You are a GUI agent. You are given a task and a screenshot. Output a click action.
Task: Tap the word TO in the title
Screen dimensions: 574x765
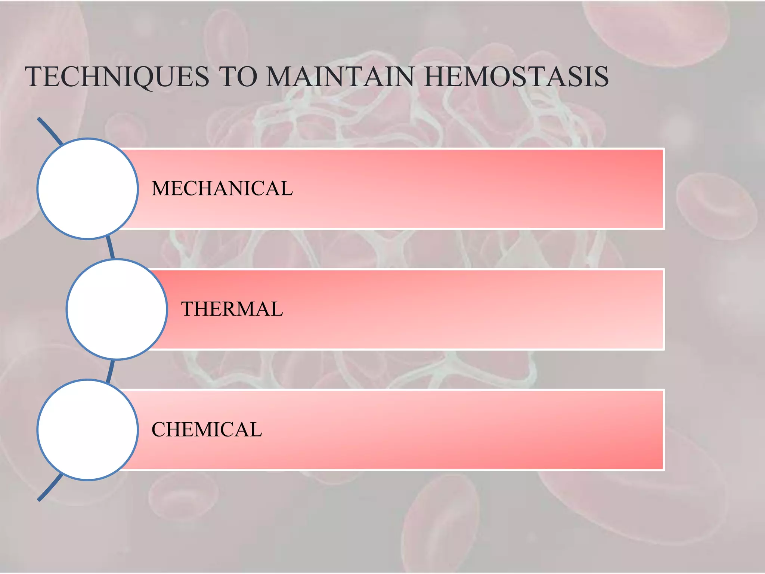point(239,77)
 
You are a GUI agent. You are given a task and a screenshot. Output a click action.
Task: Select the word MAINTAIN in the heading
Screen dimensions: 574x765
point(340,77)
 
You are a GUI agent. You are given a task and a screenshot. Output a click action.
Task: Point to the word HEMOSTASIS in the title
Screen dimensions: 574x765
point(516,77)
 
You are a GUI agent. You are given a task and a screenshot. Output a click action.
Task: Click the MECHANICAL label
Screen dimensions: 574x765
point(222,188)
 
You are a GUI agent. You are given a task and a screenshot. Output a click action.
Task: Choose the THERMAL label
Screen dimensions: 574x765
point(232,309)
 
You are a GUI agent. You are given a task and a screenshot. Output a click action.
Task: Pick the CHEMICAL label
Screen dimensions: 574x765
point(207,429)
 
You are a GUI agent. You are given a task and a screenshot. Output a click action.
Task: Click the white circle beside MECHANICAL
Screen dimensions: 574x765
point(88,189)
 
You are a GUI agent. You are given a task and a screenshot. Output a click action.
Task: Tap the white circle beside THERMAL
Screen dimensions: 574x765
point(117,309)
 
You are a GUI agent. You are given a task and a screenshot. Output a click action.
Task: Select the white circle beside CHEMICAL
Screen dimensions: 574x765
point(88,430)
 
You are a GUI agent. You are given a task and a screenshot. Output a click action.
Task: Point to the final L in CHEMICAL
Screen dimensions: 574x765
point(256,429)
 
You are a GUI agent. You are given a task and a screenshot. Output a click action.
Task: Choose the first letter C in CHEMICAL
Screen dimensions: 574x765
point(158,429)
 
